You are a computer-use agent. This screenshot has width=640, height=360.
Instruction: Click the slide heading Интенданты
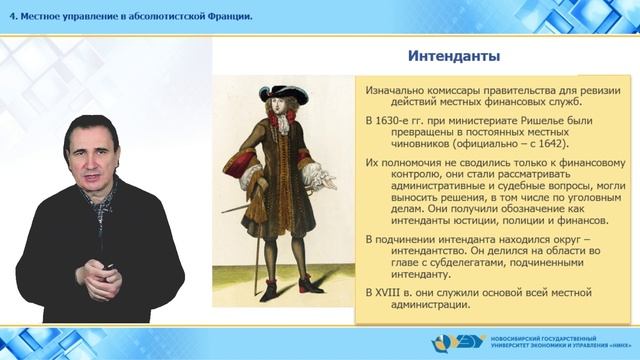[454, 54]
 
